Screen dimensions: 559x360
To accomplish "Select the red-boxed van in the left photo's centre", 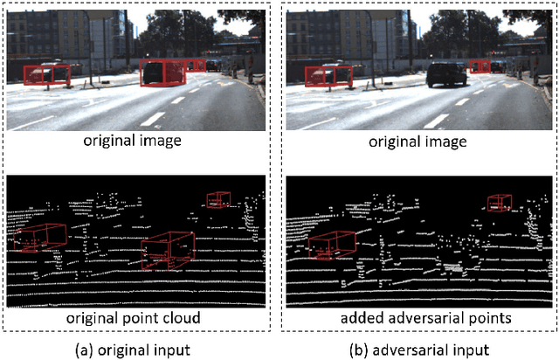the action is coord(163,73).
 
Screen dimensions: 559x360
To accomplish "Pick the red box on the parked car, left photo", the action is coord(46,75).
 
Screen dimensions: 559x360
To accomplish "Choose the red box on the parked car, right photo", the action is coord(327,76).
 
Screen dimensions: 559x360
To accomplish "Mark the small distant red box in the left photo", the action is coord(197,65).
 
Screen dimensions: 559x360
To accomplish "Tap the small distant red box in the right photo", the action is coord(479,66).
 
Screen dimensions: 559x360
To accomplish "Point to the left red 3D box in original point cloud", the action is coord(40,236).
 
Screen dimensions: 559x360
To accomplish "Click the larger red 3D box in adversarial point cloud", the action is coord(330,246).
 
